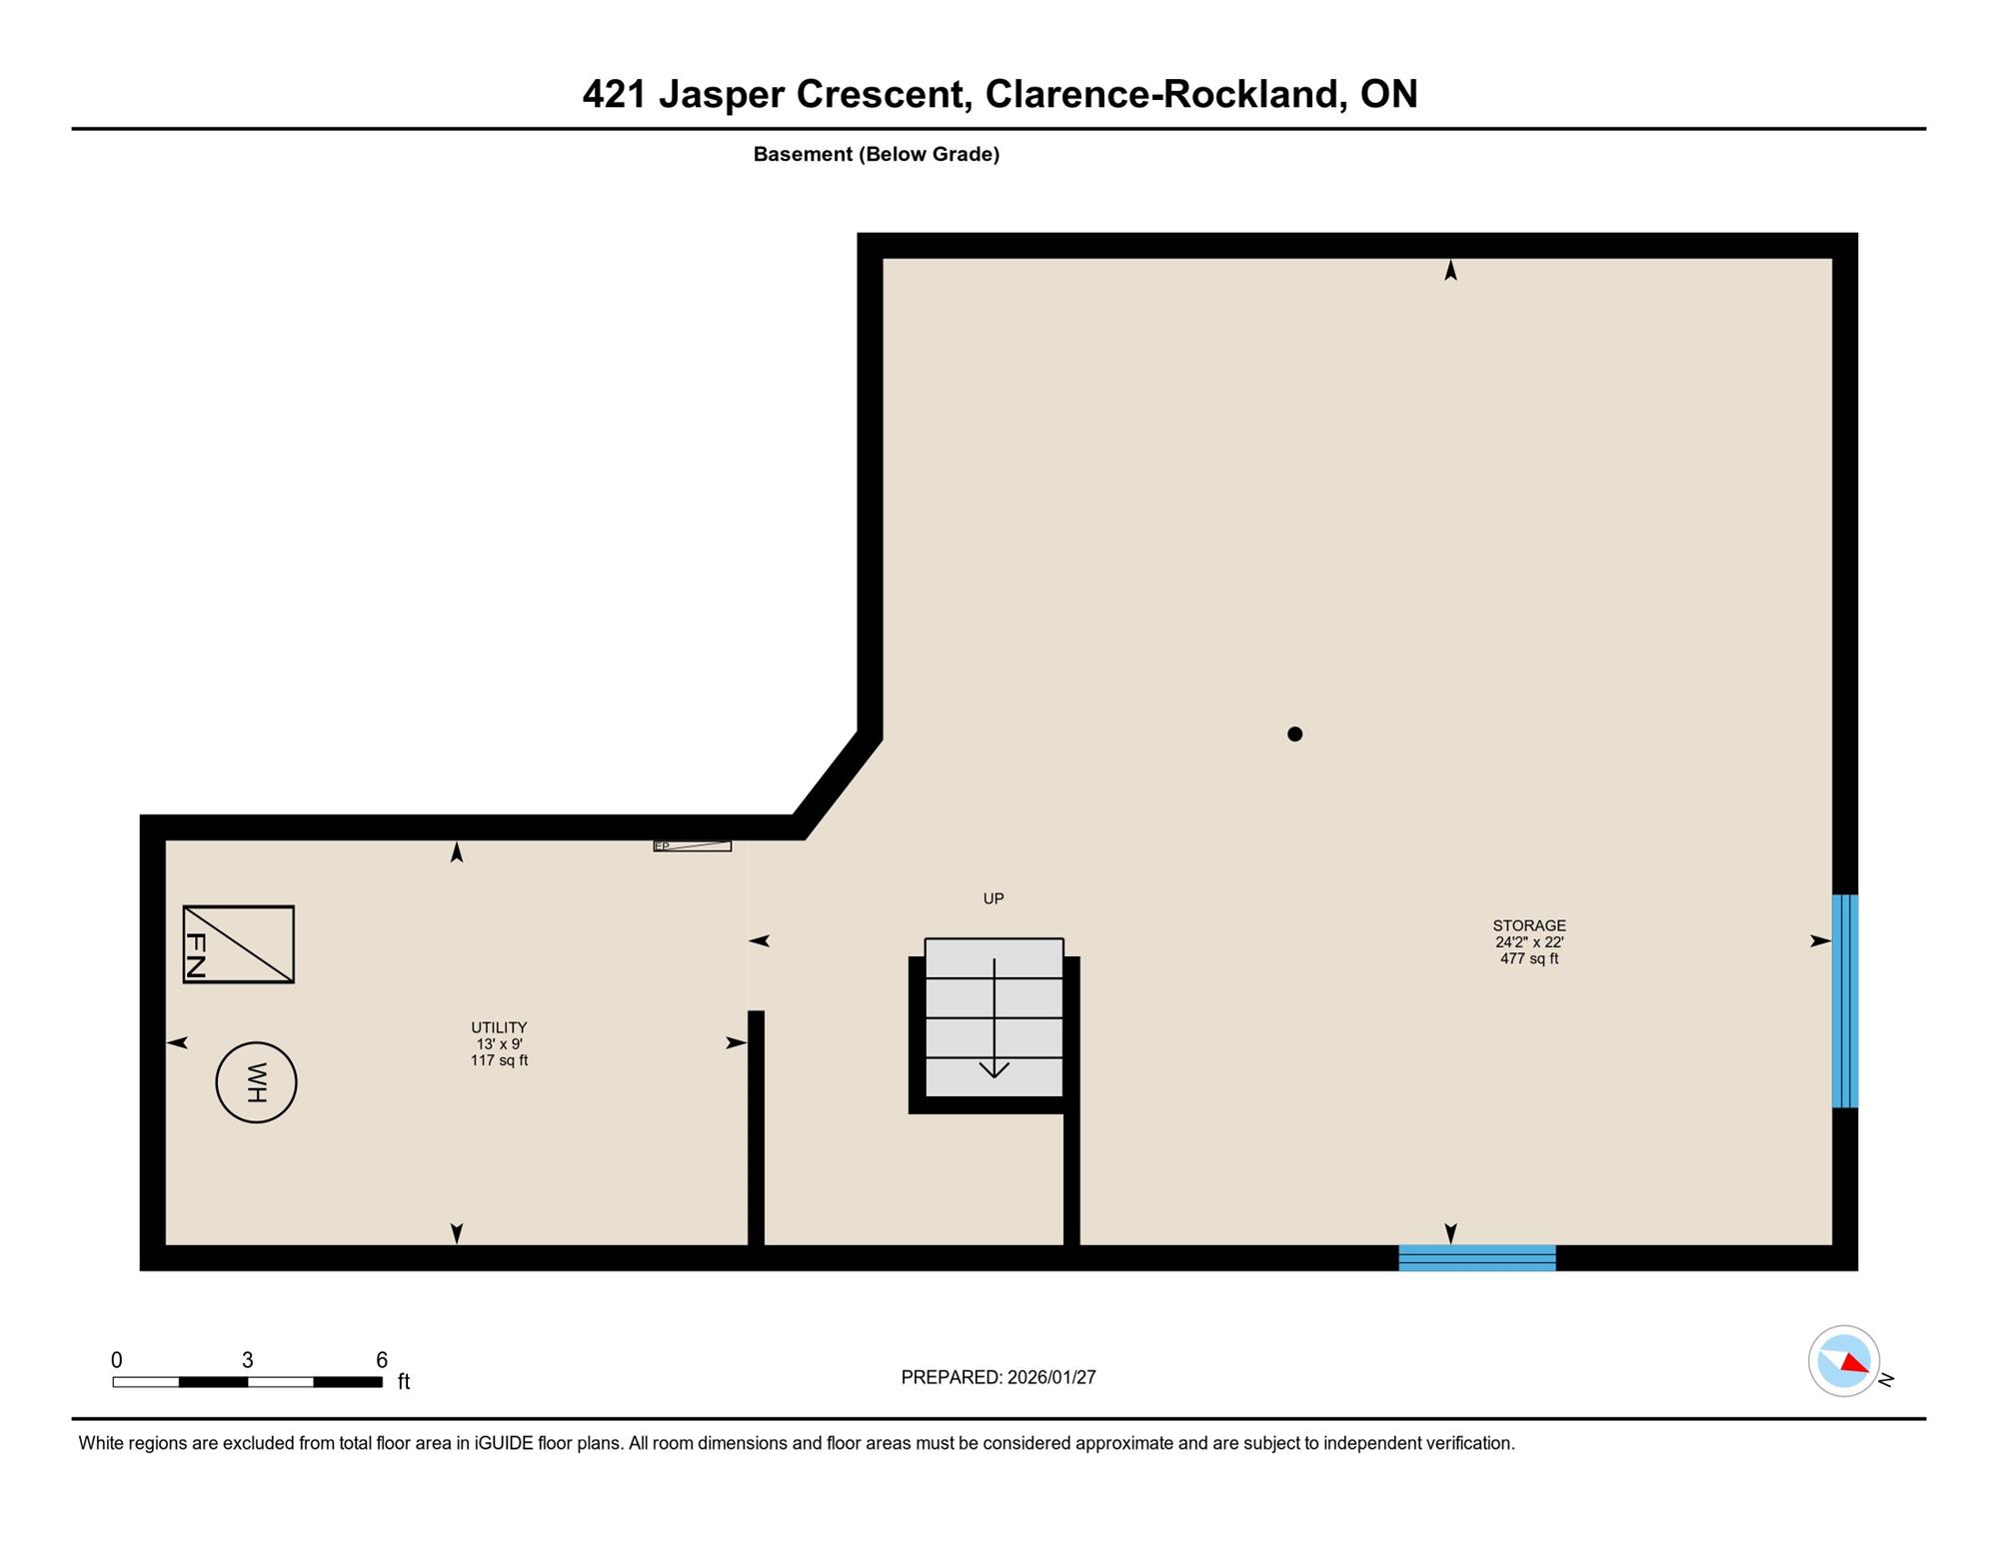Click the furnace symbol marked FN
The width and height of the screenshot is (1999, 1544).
click(x=238, y=944)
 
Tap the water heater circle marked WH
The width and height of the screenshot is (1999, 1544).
click(x=256, y=1082)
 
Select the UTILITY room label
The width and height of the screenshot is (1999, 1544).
click(x=499, y=1027)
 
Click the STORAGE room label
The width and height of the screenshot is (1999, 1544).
click(x=1529, y=925)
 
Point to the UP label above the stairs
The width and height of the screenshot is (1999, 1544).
click(x=994, y=898)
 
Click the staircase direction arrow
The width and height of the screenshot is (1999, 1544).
click(x=994, y=1017)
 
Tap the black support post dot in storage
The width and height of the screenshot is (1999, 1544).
click(x=1294, y=734)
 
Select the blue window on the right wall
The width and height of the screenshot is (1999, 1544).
click(x=1845, y=1000)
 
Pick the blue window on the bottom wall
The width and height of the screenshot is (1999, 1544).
click(x=1477, y=1258)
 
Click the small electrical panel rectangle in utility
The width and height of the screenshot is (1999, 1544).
click(x=693, y=846)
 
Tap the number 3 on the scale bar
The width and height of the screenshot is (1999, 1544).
click(x=247, y=1360)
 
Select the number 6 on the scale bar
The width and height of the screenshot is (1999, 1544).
click(x=381, y=1360)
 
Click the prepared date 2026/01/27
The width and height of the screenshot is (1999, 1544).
click(x=1051, y=1377)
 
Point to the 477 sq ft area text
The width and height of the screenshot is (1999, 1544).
click(x=1529, y=958)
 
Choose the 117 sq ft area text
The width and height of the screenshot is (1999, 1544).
click(x=499, y=1060)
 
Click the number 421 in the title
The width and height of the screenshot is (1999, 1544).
click(x=614, y=94)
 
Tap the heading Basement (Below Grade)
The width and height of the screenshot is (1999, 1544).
click(x=877, y=154)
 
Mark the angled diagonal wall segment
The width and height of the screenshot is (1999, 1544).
click(x=838, y=785)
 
